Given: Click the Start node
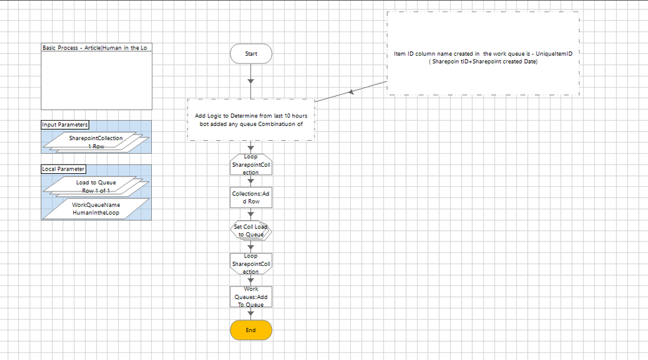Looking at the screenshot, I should point(251,54).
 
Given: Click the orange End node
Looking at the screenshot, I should point(251,330).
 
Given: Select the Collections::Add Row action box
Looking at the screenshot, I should point(251,197).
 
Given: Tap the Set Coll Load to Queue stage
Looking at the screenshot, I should point(251,231).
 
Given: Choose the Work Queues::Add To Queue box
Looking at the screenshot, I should point(251,296).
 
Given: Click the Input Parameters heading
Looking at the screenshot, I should point(65,125).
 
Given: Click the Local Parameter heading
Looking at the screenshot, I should point(63,169).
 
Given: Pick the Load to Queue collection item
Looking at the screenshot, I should point(96,186).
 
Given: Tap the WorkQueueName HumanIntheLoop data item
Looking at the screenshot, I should point(96,208).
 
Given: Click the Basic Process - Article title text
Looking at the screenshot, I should point(97,48).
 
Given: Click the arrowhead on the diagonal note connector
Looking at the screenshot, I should point(352,93).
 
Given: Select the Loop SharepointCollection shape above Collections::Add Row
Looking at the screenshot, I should point(251,165).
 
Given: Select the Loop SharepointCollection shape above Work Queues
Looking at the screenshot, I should point(251,264).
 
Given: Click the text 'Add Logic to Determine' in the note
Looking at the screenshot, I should point(228,116).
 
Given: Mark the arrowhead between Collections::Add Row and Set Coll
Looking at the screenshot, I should point(251,215).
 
